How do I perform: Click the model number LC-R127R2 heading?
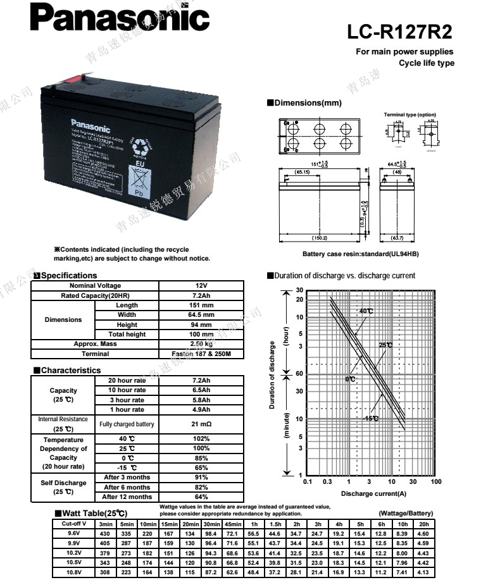399,32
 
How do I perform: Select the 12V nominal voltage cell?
201,286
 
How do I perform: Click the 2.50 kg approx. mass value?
201,343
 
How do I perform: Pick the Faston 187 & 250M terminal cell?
201,354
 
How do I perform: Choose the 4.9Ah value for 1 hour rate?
201,409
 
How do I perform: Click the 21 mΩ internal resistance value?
201,424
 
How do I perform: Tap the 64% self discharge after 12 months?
201,497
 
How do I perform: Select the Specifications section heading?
68,276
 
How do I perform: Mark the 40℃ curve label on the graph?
366,311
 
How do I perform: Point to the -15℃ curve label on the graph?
372,418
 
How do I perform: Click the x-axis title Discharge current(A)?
373,493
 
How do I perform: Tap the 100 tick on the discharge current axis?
435,482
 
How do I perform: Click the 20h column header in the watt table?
424,524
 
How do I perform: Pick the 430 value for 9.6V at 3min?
105,534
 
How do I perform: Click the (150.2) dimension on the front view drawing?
320,238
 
